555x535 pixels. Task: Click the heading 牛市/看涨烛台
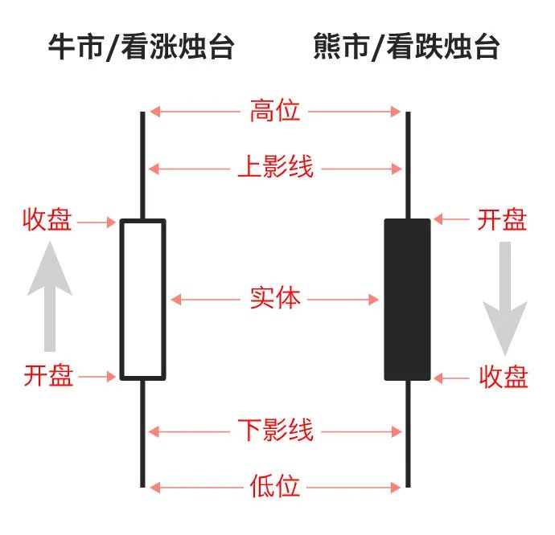(x=142, y=47)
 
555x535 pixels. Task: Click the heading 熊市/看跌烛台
(x=407, y=47)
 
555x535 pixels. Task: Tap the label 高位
(x=275, y=111)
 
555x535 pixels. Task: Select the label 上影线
(x=275, y=168)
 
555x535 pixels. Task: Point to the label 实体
(x=275, y=299)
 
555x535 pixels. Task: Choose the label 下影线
(x=275, y=431)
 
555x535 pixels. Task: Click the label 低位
(x=275, y=486)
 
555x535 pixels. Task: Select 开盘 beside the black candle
(x=502, y=219)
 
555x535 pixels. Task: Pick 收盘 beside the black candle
(x=504, y=376)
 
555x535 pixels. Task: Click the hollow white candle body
(x=143, y=299)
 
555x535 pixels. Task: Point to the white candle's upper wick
(x=142, y=165)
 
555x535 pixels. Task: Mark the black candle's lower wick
(x=408, y=434)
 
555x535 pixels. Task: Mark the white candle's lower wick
(x=142, y=434)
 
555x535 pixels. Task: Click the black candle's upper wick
(x=408, y=165)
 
